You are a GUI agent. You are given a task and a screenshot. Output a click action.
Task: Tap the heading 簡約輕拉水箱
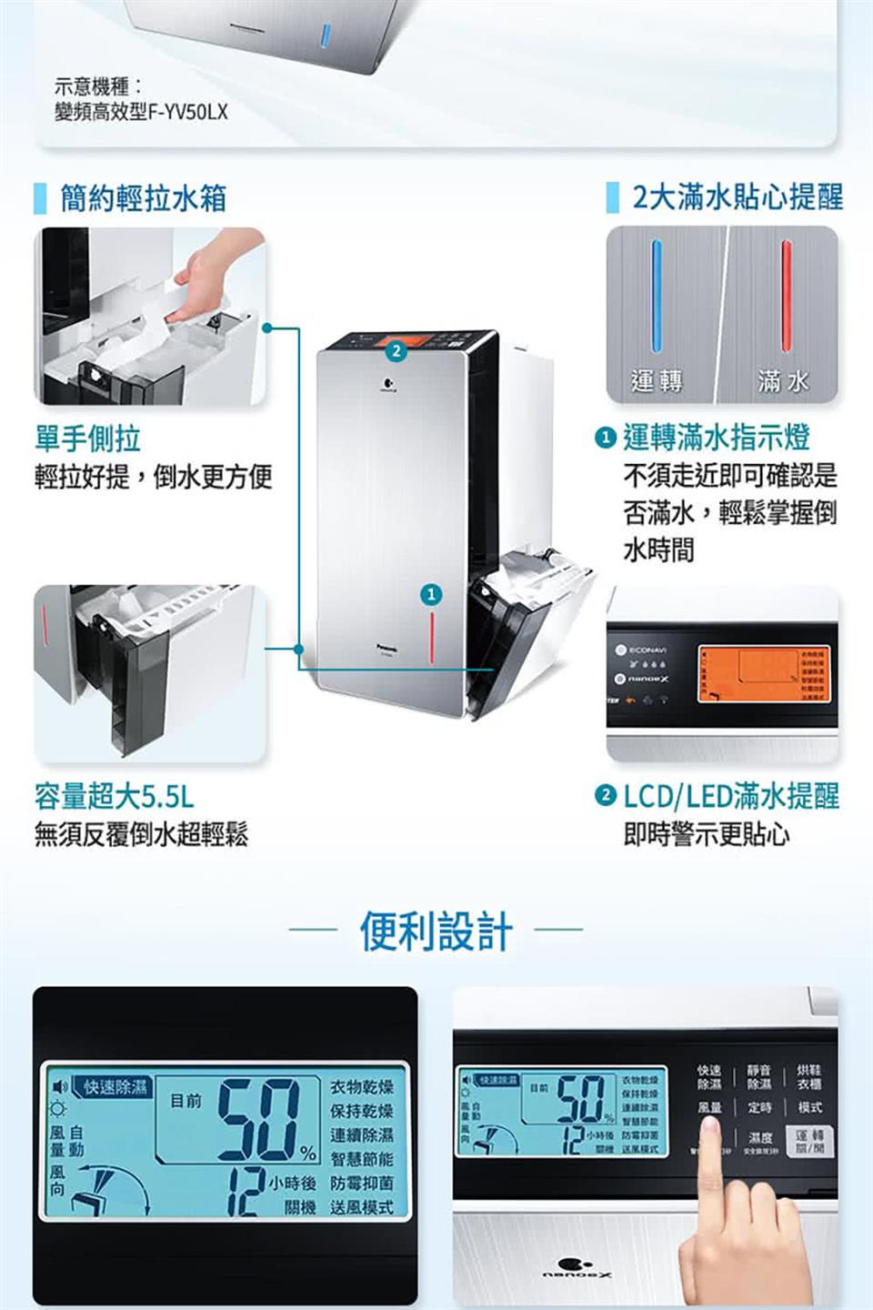click(x=143, y=198)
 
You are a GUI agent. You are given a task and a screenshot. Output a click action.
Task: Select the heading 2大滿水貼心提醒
click(x=738, y=196)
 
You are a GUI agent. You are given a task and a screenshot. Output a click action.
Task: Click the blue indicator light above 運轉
click(x=657, y=296)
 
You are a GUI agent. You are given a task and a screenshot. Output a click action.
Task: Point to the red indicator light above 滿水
click(x=786, y=296)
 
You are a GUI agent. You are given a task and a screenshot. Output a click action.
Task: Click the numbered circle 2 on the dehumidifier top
click(x=394, y=351)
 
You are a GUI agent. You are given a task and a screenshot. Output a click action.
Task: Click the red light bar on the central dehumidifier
click(x=433, y=636)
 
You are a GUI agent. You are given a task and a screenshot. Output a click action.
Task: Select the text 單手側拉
click(x=87, y=438)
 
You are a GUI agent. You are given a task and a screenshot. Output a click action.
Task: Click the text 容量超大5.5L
click(x=114, y=797)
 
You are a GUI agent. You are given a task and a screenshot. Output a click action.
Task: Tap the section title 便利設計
click(x=436, y=932)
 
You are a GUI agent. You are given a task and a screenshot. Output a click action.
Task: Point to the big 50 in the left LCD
click(x=261, y=1120)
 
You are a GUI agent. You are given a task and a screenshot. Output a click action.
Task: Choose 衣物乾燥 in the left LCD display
click(x=361, y=1088)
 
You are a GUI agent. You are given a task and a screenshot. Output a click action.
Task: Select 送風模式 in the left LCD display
click(x=361, y=1207)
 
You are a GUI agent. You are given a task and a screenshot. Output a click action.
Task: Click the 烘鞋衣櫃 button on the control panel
click(x=808, y=1077)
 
